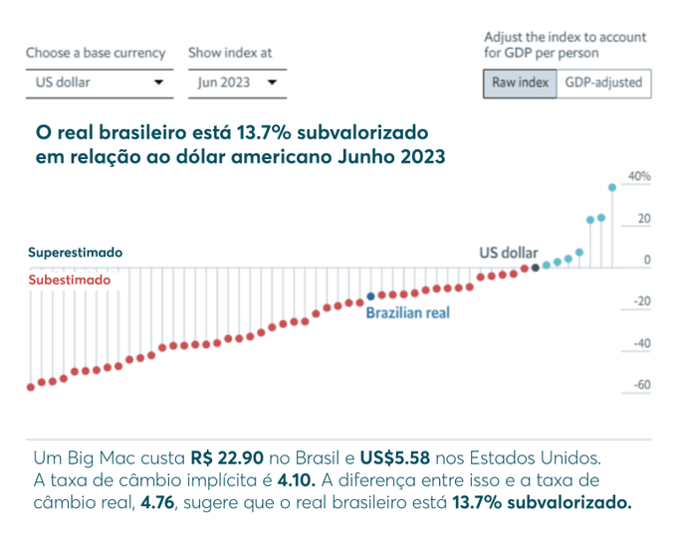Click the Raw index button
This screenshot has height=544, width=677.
(521, 84)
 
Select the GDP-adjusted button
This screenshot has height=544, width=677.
(603, 84)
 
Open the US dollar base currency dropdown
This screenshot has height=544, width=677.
(96, 84)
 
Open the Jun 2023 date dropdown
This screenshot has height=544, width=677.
(237, 84)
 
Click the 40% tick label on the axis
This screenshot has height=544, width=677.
(638, 177)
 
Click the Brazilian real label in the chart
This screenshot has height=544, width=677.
(408, 313)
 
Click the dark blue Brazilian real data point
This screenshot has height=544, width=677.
(370, 296)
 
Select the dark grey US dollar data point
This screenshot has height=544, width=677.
(536, 267)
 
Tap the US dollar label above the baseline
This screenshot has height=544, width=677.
(509, 253)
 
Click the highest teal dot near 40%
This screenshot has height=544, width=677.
(612, 186)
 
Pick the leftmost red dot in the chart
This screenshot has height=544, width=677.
(30, 387)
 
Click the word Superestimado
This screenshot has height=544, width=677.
(75, 254)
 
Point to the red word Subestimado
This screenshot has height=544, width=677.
(69, 280)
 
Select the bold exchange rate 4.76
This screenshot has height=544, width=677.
(155, 502)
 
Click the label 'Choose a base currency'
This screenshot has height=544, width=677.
(97, 53)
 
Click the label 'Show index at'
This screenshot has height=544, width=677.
(229, 53)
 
